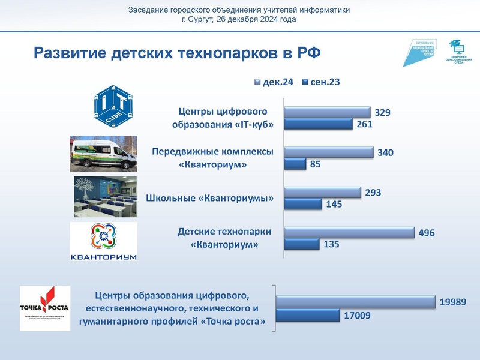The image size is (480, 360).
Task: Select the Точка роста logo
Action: point(45,308)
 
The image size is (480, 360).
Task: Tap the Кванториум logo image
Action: point(104,242)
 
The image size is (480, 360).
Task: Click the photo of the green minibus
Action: point(103,153)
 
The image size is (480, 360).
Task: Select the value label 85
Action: point(315,163)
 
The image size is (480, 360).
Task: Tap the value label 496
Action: point(427,233)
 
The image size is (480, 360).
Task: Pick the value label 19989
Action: point(453,302)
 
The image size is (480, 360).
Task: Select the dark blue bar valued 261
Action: point(318,124)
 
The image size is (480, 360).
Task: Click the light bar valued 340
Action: point(328,152)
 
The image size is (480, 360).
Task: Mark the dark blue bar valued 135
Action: point(301,244)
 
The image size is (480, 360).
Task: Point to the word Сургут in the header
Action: point(200,19)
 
